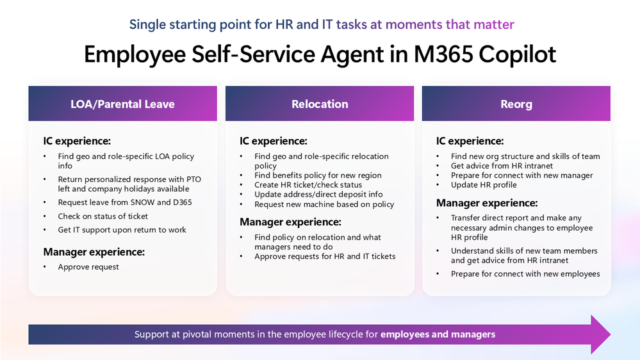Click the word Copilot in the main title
(x=517, y=54)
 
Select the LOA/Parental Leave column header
(x=122, y=104)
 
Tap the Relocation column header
(x=320, y=104)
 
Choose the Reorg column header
(x=516, y=104)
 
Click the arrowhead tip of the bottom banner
(x=610, y=334)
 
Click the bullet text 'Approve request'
(x=88, y=267)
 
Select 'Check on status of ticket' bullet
(x=103, y=217)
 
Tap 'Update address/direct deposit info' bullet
(x=318, y=195)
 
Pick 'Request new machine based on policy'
(x=324, y=204)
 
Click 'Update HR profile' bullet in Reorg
(x=484, y=185)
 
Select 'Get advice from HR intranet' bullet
(x=502, y=166)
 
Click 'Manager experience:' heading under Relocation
(x=290, y=222)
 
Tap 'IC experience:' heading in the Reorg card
(x=470, y=141)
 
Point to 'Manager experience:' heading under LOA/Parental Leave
(x=94, y=252)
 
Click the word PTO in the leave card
(x=194, y=179)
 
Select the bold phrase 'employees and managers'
(x=438, y=334)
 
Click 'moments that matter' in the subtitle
(x=450, y=24)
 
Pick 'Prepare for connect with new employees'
(x=525, y=274)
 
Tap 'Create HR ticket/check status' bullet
(x=308, y=185)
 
